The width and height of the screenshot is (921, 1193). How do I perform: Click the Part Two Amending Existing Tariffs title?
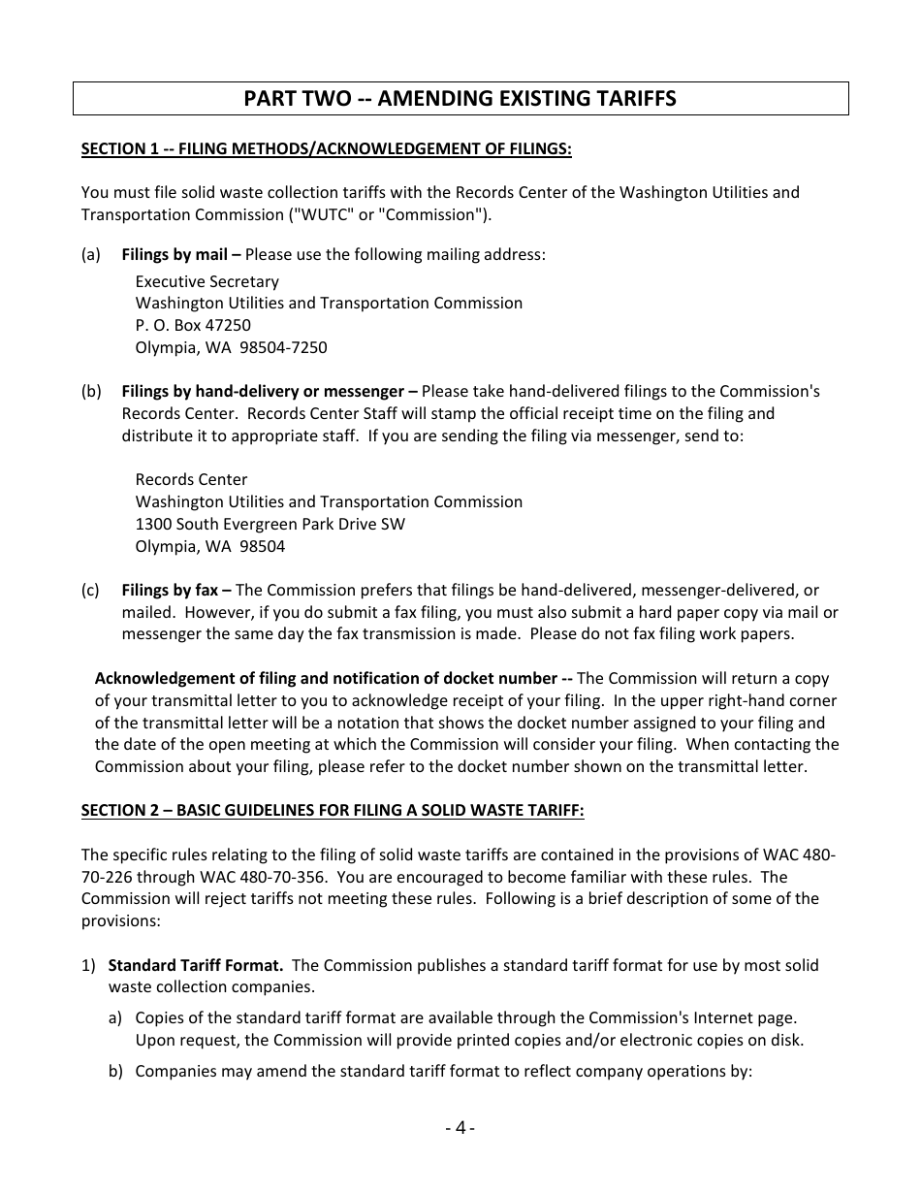pos(460,98)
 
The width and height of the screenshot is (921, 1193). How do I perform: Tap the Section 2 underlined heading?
pos(333,810)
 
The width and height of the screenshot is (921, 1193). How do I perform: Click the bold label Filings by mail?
pos(180,254)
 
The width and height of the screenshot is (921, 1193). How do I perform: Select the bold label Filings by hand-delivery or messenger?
pos(269,391)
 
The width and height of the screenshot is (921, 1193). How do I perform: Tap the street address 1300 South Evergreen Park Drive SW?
pos(270,524)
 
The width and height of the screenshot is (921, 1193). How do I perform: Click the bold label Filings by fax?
pos(175,590)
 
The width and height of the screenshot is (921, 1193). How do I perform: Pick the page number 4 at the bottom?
pos(460,1127)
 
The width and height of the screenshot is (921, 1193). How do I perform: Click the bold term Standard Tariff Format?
pos(195,965)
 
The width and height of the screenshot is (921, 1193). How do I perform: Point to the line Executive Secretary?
pos(206,281)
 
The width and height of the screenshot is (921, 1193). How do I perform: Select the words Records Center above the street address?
pos(191,479)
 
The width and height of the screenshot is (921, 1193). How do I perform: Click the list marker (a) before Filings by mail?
pos(90,254)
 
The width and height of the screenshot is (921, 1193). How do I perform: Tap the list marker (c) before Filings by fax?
pos(90,590)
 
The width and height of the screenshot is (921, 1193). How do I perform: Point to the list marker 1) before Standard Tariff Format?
pos(88,965)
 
